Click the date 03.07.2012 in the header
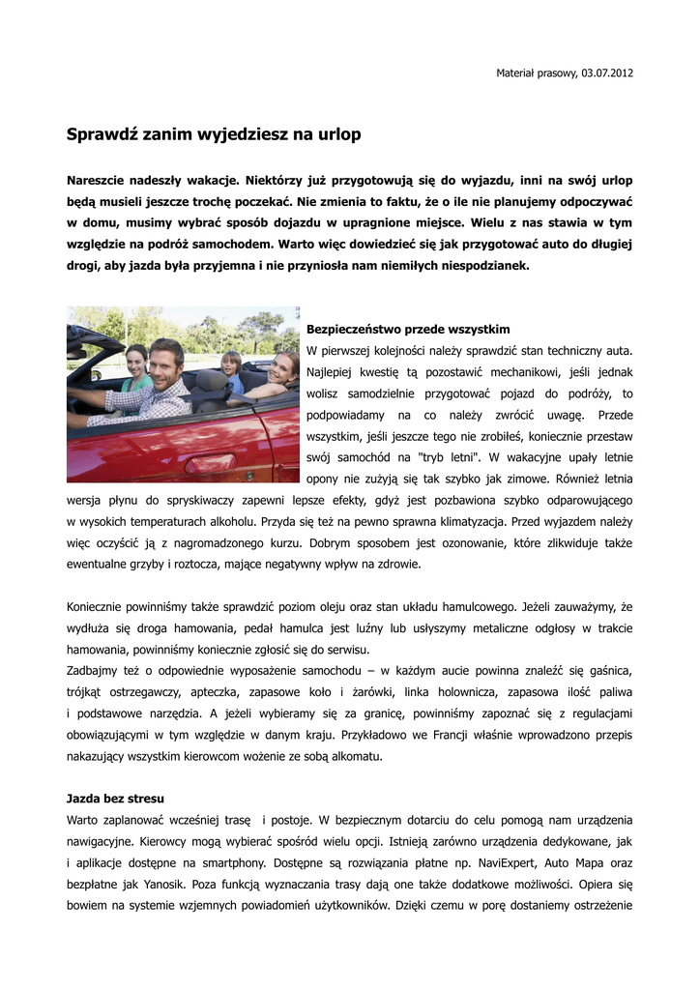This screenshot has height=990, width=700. pyautogui.click(x=607, y=73)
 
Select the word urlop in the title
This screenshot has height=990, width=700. pyautogui.click(x=337, y=134)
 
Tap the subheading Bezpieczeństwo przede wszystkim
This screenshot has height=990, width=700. pyautogui.click(x=408, y=330)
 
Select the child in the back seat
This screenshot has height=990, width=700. pyautogui.click(x=231, y=367)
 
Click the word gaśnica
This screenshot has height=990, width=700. pyautogui.click(x=608, y=671)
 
